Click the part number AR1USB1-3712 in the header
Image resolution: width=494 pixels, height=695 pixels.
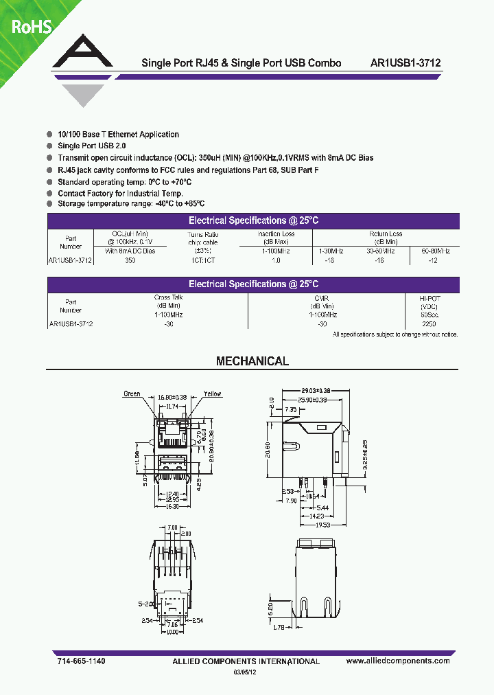pyautogui.click(x=405, y=62)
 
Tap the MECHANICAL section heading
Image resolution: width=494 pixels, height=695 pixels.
pyautogui.click(x=252, y=361)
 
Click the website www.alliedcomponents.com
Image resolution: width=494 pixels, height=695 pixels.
pyautogui.click(x=398, y=661)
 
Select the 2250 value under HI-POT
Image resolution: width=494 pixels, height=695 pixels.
pyautogui.click(x=429, y=323)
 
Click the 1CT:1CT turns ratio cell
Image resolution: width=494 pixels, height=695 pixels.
pyautogui.click(x=202, y=261)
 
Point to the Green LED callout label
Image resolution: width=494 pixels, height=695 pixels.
pyautogui.click(x=132, y=394)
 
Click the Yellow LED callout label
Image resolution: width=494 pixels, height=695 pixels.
pyautogui.click(x=213, y=394)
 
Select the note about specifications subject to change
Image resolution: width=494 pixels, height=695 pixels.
pyautogui.click(x=395, y=334)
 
